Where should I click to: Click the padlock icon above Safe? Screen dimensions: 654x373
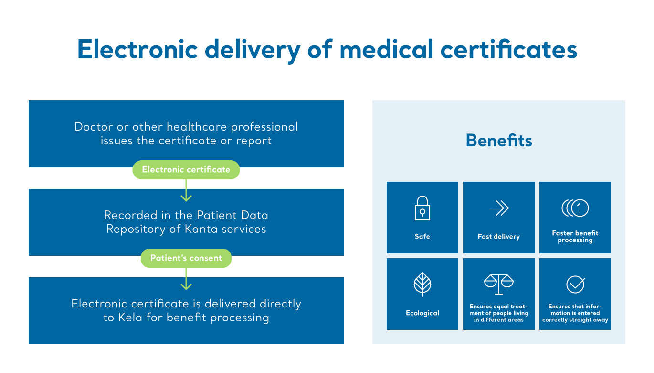[422, 208]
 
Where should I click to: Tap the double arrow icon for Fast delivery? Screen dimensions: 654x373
[499, 208]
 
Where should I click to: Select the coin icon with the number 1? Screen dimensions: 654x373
[575, 208]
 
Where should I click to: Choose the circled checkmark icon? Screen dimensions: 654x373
[575, 284]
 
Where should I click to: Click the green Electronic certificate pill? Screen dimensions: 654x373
[186, 170]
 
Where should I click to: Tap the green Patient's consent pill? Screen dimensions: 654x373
[186, 258]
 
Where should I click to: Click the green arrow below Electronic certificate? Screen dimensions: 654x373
[186, 190]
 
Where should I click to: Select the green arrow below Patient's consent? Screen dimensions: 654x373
[186, 278]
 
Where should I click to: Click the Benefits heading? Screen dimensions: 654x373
[499, 141]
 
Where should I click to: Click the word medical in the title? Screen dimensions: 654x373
[386, 49]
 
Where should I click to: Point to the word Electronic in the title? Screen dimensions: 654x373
[137, 49]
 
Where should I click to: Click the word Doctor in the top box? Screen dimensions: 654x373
[94, 127]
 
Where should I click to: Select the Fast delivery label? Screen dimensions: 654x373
[499, 236]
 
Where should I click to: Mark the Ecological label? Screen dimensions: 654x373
[422, 313]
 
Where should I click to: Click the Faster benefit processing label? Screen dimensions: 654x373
[575, 237]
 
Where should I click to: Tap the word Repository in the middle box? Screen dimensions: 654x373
[136, 230]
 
